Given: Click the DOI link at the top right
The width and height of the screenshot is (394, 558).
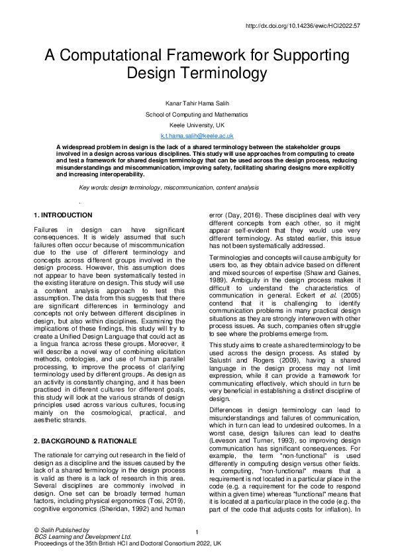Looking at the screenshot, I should point(302,26).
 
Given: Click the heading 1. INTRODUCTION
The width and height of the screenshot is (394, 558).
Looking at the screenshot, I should point(63,215).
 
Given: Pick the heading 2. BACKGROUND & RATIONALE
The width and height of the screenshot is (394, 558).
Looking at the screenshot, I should point(85,441).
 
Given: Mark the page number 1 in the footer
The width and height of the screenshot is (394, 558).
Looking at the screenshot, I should point(197,532).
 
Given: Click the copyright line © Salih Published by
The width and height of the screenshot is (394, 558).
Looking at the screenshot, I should point(61,530).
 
